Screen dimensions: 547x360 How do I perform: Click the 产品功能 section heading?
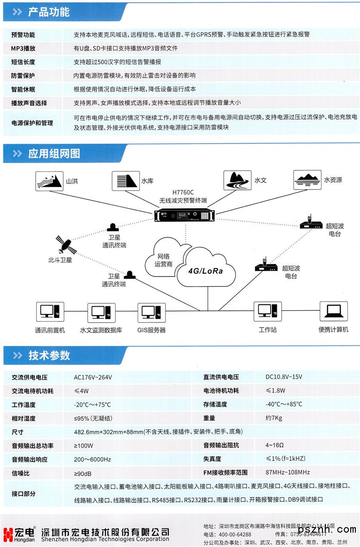click(x=49, y=12)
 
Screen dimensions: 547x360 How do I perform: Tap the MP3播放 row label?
click(x=24, y=48)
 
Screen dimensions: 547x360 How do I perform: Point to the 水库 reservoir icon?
click(x=126, y=181)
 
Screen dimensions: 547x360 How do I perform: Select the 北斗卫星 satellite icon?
click(x=64, y=244)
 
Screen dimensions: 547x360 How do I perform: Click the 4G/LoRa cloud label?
click(x=205, y=271)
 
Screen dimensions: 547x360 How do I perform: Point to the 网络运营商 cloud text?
click(x=164, y=260)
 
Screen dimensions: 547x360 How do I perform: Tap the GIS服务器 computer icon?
click(x=152, y=313)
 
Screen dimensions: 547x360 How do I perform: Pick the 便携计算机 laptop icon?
click(x=334, y=312)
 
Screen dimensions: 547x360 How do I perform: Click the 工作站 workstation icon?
click(x=267, y=312)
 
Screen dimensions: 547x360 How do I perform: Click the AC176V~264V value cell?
click(x=93, y=377)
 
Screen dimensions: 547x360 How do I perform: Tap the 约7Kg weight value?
click(x=274, y=418)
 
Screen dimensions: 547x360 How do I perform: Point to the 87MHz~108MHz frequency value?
click(x=288, y=472)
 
